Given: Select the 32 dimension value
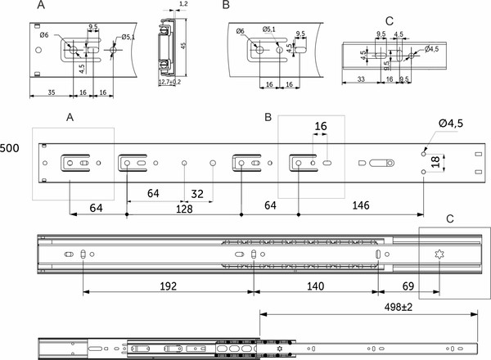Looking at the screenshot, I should click(197, 193).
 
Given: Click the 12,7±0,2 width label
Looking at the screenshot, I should click(170, 83).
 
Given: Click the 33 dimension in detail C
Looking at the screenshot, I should click(361, 80).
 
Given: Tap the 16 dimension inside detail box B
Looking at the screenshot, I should click(320, 127).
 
